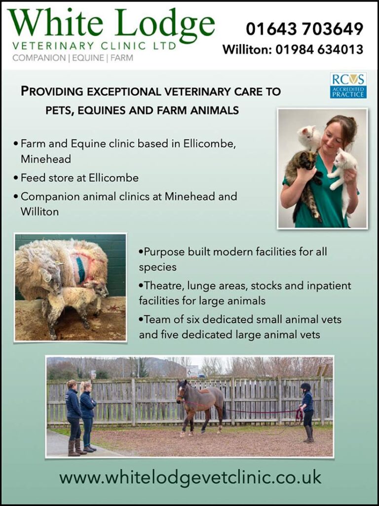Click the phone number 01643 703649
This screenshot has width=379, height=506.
click(x=304, y=29)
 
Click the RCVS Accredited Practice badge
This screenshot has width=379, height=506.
click(x=348, y=85)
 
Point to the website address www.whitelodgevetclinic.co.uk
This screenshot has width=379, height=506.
click(x=190, y=478)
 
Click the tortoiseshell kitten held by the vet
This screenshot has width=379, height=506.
click(x=303, y=181)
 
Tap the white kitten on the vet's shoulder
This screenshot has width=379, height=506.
click(x=309, y=137)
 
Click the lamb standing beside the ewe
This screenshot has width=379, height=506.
click(x=76, y=306)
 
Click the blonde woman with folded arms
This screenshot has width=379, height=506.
click(x=88, y=416)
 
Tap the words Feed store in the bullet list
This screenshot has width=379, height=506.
click(x=43, y=178)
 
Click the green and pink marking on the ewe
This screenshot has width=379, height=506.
click(x=80, y=266)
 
